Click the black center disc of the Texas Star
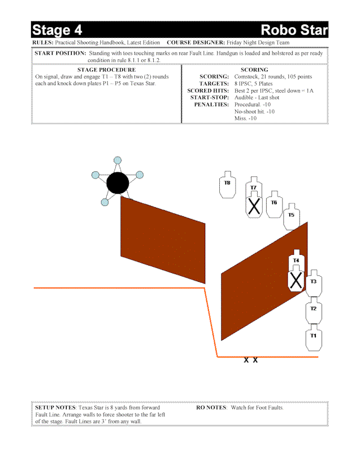118,183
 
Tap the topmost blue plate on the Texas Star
118,160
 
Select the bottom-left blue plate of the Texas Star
105,202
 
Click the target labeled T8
227,185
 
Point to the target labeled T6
275,204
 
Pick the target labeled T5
292,217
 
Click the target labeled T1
314,338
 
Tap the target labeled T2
314,311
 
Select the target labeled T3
314,284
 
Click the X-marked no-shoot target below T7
254,205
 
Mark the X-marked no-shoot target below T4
296,279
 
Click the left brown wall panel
163,240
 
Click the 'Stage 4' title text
57,30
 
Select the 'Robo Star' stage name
294,30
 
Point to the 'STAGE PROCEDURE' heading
106,70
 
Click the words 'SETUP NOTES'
55,407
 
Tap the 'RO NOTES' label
211,407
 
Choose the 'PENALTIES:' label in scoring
211,104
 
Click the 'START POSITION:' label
60,53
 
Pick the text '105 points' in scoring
300,77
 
